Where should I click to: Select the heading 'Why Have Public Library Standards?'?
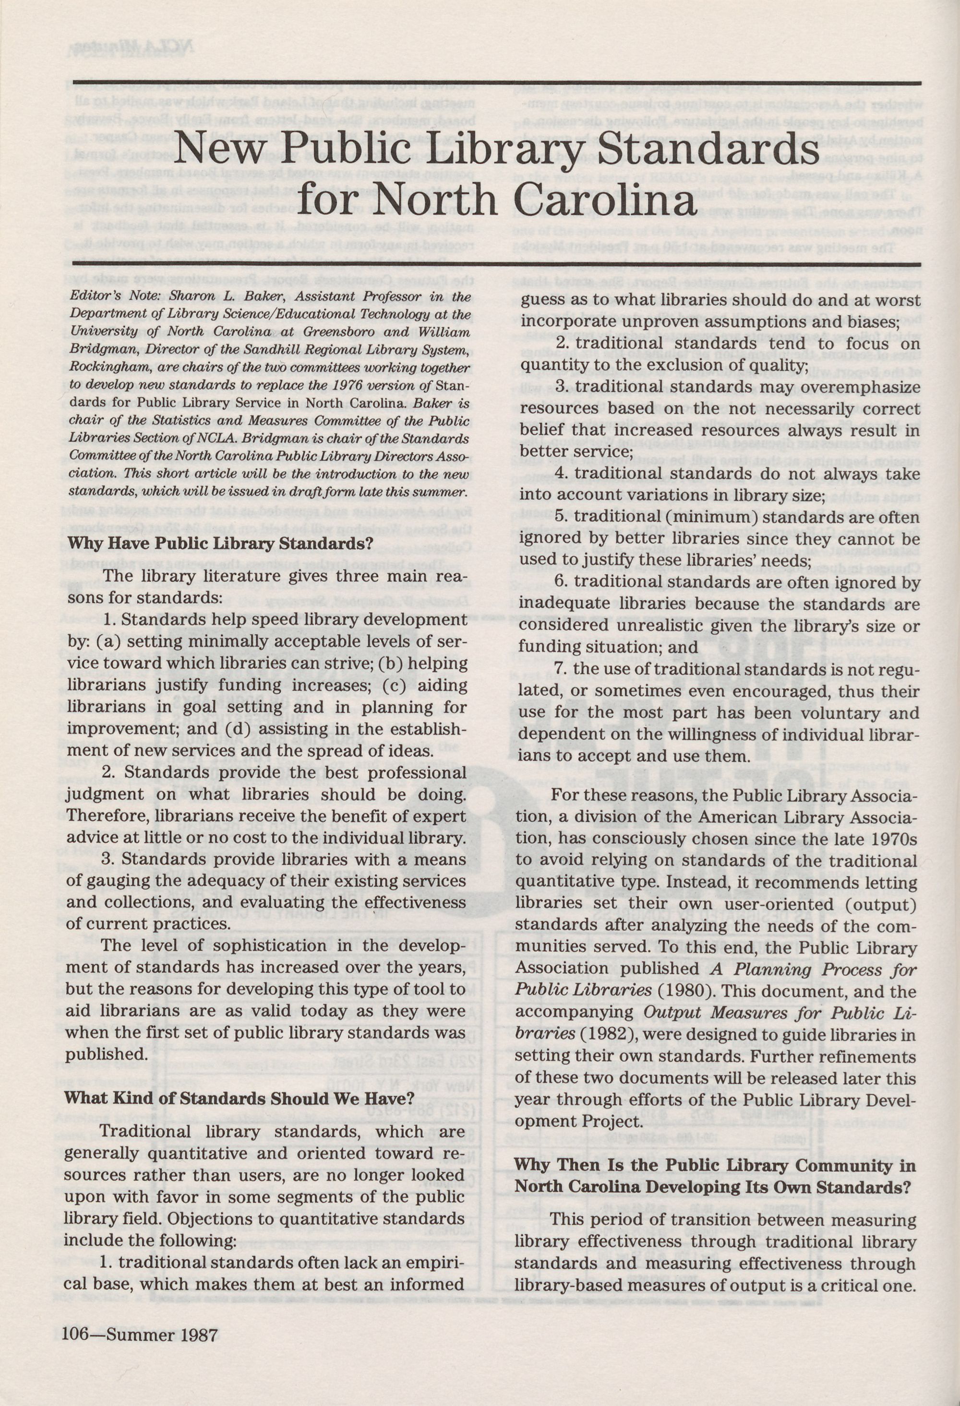tap(220, 543)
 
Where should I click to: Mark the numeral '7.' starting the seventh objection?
tap(563, 670)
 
